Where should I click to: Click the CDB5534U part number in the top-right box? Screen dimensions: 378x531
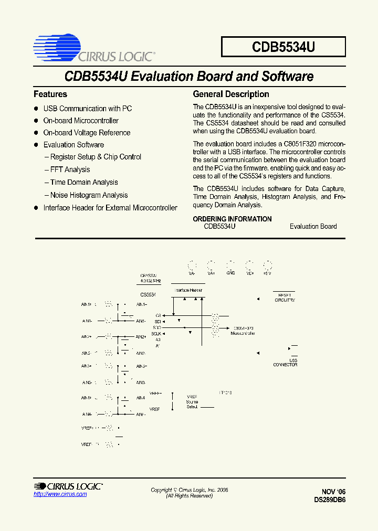[x=283, y=47]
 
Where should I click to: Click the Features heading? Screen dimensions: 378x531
[x=50, y=94]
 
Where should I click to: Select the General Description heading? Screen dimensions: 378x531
[x=231, y=94]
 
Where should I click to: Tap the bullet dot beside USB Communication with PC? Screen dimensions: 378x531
[x=36, y=109]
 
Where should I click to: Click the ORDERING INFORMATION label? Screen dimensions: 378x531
[x=232, y=219]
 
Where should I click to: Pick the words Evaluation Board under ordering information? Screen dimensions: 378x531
[x=313, y=226]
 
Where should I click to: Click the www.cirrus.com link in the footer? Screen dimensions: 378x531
[x=60, y=494]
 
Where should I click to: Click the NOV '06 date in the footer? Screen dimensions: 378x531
[x=333, y=492]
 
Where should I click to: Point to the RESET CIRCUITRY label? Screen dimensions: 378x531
[x=285, y=298]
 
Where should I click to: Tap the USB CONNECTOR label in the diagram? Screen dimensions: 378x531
[x=285, y=363]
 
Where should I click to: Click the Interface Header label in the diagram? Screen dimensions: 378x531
[x=188, y=290]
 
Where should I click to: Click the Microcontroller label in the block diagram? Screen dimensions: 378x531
[x=243, y=334]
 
